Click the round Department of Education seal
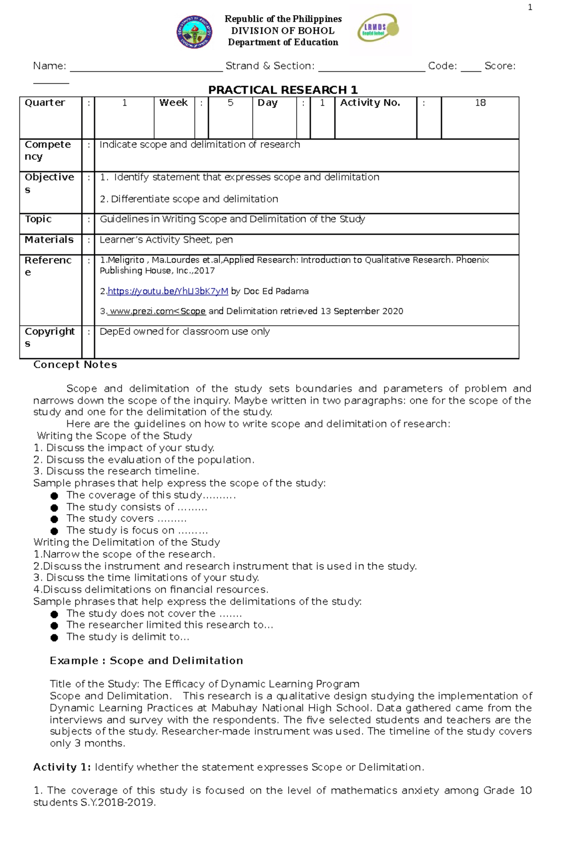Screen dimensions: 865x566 click(x=194, y=32)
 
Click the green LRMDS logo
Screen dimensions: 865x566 click(x=378, y=28)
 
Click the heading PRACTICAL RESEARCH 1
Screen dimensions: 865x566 click(x=283, y=90)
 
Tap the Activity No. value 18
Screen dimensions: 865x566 click(x=480, y=103)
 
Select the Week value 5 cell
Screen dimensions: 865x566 click(x=230, y=103)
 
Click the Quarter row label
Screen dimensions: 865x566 click(x=45, y=103)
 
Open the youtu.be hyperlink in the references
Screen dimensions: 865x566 click(x=168, y=291)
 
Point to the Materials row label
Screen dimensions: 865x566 click(x=49, y=239)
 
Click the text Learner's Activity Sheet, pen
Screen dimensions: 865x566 click(x=166, y=239)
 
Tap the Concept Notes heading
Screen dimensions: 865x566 click(x=75, y=364)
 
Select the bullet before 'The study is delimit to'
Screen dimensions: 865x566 click(x=54, y=638)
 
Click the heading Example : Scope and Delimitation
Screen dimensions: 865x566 click(x=146, y=660)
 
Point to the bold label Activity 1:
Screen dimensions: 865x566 click(x=62, y=767)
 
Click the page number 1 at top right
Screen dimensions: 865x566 click(x=530, y=7)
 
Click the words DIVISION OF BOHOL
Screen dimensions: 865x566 click(x=283, y=31)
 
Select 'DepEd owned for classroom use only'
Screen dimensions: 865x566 click(x=184, y=331)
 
